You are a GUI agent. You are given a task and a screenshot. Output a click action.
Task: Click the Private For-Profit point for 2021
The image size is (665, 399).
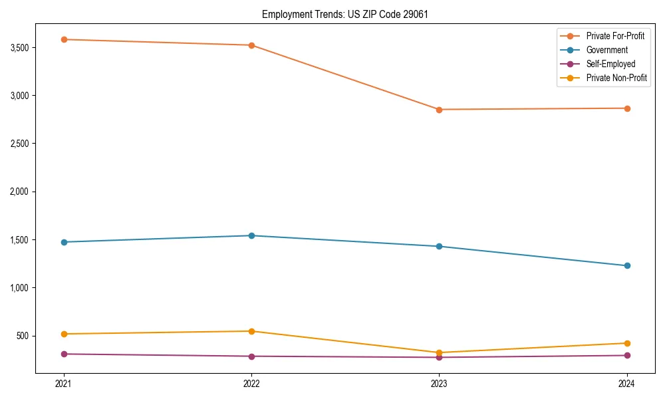(x=64, y=39)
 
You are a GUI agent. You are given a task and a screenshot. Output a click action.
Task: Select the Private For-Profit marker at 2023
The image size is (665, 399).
(x=439, y=110)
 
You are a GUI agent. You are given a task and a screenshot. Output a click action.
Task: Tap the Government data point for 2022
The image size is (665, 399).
(x=251, y=235)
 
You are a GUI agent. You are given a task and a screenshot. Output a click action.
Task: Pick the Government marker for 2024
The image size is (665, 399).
(x=627, y=266)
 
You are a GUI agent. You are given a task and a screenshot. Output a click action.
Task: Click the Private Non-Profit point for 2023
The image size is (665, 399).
(x=439, y=352)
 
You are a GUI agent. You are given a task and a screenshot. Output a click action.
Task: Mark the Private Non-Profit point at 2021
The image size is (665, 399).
(x=64, y=334)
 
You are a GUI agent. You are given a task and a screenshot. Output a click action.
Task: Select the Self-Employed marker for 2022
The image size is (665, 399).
(x=251, y=356)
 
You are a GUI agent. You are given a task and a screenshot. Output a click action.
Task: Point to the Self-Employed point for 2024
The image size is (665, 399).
(x=627, y=355)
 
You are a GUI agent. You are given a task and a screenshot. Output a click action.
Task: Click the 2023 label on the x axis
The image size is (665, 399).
(x=439, y=383)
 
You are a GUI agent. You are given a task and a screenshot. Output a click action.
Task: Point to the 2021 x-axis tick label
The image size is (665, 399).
(x=64, y=383)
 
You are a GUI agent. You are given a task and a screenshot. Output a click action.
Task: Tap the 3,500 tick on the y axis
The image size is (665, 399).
(x=20, y=48)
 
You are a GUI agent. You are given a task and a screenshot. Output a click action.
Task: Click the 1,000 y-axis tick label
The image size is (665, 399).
(x=20, y=288)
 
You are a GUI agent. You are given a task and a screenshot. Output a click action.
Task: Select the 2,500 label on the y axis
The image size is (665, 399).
(x=20, y=144)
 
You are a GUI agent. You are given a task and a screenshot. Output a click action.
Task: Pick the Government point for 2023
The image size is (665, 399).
(x=439, y=246)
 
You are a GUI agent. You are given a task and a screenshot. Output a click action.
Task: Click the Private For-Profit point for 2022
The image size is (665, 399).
(x=251, y=45)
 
